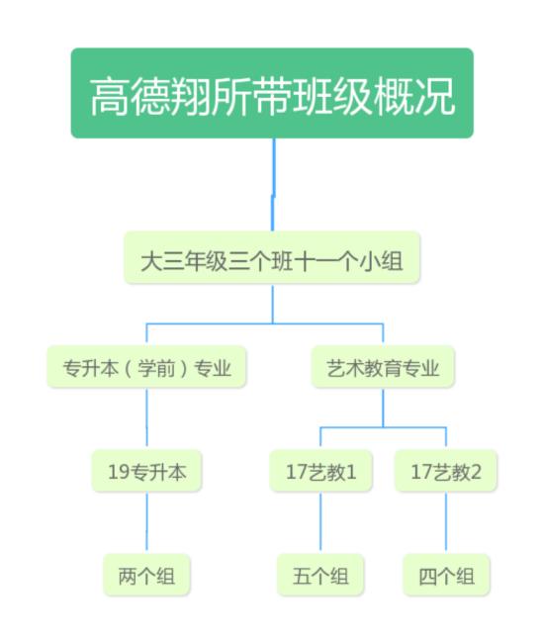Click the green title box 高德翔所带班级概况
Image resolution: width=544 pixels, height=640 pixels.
[272, 93]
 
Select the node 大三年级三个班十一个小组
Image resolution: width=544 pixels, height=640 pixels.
[272, 257]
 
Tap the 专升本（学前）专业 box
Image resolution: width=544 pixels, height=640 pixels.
[146, 367]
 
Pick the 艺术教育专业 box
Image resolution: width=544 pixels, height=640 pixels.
[383, 367]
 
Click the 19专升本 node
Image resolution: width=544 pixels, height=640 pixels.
[146, 471]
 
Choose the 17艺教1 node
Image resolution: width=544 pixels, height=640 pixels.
[320, 471]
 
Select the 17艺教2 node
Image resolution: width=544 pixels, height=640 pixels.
[446, 471]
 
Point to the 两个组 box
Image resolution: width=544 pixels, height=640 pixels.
[146, 575]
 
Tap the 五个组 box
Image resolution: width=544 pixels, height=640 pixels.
[320, 575]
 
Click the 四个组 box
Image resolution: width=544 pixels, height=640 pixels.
[446, 575]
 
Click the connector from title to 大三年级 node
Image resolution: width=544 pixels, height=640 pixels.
[273, 185]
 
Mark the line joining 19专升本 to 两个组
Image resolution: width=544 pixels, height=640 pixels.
[146, 523]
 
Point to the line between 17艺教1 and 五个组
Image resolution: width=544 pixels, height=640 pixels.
[320, 523]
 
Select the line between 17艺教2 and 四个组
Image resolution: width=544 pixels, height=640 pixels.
[446, 523]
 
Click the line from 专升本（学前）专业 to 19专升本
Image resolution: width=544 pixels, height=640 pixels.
[146, 418]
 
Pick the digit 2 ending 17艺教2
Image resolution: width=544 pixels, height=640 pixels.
[476, 472]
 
